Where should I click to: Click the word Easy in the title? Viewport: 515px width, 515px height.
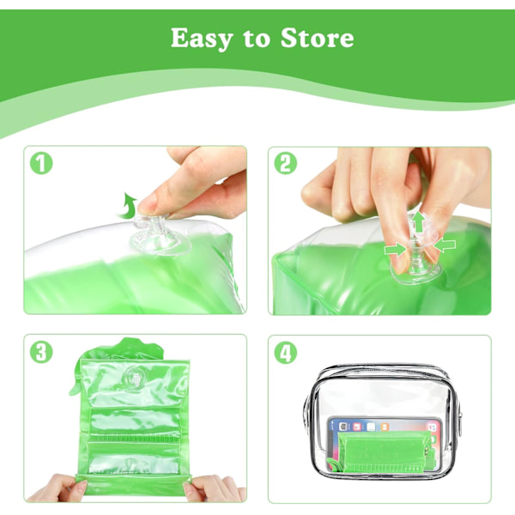coord(202,39)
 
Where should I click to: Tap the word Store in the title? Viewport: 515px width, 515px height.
coord(318,38)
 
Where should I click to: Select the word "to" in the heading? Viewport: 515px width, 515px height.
coord(257,39)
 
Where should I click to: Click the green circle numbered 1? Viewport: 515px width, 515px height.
coord(41,163)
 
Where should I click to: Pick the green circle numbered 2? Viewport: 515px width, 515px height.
coord(286,163)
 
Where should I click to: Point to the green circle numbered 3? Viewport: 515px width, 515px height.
coord(41,352)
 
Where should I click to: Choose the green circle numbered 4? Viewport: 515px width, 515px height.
coord(286,353)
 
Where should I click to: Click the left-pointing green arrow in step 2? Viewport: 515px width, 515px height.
coord(444,245)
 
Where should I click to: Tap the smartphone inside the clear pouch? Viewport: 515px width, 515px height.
coord(385,445)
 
